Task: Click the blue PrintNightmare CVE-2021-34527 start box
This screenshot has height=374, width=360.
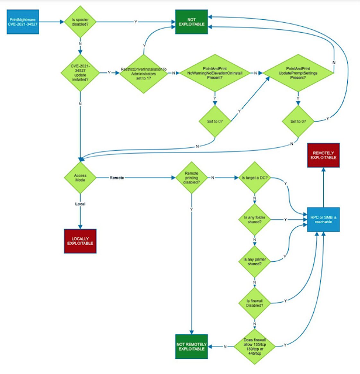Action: pos(23,22)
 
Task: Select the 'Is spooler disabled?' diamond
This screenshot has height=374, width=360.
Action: pos(80,22)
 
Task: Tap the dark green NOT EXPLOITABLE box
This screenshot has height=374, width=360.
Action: pos(192,22)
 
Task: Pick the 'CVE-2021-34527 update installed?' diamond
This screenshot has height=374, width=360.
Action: pos(80,72)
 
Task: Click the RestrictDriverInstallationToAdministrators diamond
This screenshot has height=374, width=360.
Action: pos(144,74)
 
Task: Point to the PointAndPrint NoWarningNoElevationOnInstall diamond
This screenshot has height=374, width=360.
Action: pos(215,73)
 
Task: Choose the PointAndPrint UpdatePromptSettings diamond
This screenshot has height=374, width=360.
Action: pos(298,73)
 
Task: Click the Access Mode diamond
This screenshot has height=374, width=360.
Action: pos(80,178)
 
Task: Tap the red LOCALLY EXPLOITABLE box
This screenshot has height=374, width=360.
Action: pos(80,241)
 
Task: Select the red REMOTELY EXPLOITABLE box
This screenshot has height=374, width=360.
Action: pos(323,155)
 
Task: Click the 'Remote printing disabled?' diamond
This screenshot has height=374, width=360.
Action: pos(192,178)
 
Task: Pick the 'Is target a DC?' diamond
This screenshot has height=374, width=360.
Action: pos(255,178)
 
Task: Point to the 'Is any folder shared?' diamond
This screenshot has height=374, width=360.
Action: pos(255,220)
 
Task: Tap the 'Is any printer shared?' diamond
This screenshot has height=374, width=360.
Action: pos(255,262)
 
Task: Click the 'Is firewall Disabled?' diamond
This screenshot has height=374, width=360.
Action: pos(255,303)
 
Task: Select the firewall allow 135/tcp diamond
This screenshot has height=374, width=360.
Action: pos(255,347)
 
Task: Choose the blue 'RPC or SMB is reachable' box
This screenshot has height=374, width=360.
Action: pos(323,220)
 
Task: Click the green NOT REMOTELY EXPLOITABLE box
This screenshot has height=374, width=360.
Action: pos(192,347)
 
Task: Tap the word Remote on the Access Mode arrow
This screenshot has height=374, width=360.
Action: pos(117,178)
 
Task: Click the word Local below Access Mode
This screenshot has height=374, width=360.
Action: pos(80,204)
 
